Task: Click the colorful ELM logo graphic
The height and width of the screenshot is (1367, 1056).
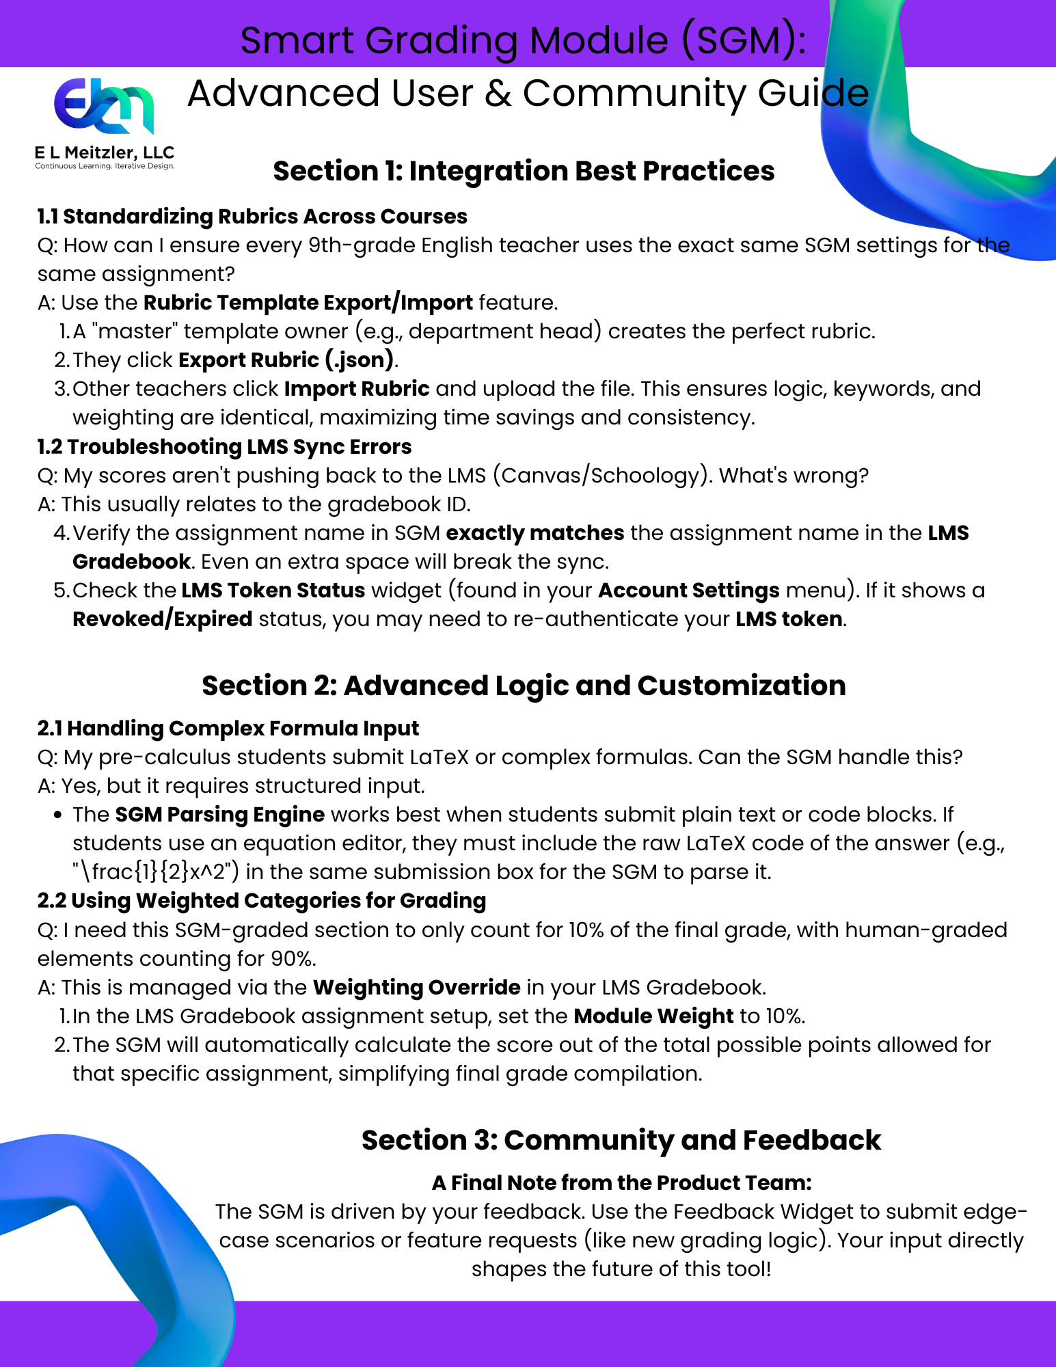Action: point(104,106)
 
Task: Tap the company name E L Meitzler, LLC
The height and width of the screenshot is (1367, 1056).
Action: point(105,152)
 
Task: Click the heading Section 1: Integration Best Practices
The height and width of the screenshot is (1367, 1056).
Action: point(524,171)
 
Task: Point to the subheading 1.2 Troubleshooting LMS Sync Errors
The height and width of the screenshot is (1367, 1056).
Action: point(224,446)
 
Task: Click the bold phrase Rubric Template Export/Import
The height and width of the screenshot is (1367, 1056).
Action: point(308,302)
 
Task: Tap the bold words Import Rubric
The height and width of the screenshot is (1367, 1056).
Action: point(357,388)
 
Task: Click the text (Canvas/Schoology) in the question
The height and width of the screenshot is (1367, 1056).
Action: point(601,475)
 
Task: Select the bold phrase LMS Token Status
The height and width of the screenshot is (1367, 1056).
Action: point(273,590)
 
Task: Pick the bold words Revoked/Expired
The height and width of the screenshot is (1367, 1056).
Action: point(163,619)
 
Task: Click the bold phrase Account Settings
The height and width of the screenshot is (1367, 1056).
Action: point(688,590)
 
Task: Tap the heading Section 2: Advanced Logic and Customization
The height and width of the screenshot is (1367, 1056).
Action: point(524,686)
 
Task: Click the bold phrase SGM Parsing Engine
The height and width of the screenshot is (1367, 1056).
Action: point(219,814)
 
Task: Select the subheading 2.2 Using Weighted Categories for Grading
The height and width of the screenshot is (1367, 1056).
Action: point(261,901)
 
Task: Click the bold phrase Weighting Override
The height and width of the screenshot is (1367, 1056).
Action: point(416,987)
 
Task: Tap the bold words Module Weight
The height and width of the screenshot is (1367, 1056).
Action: point(653,1016)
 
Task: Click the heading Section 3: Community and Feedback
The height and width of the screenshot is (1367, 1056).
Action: point(621,1140)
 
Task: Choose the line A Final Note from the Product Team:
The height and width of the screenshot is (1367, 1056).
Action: point(621,1182)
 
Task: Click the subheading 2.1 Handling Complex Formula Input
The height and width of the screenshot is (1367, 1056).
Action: point(228,728)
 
